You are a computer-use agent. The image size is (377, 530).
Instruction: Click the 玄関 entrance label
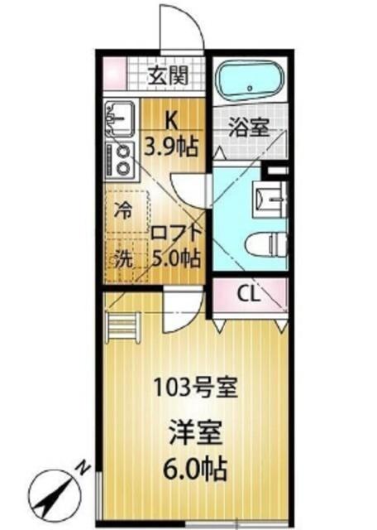[169, 75]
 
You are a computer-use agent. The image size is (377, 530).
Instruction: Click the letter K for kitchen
[169, 118]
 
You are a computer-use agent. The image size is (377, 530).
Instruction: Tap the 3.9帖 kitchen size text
[170, 147]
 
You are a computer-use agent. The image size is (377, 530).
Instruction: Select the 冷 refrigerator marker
[122, 210]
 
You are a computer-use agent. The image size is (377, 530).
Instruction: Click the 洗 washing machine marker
[122, 258]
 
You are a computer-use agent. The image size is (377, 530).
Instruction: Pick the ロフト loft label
[174, 234]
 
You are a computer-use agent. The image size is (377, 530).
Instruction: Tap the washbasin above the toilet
[268, 197]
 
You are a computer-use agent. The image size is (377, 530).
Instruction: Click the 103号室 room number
[196, 387]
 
